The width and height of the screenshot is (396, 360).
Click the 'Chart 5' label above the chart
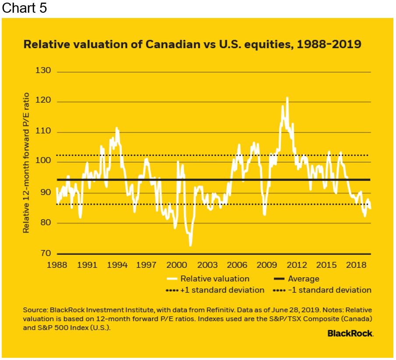pyautogui.click(x=24, y=9)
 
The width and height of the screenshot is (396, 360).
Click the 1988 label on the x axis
pyautogui.click(x=57, y=265)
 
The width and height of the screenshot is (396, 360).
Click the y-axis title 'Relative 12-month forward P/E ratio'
pyautogui.click(x=27, y=162)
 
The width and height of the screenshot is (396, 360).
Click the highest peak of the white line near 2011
pyautogui.click(x=287, y=98)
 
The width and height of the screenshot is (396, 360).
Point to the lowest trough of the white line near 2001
pyautogui.click(x=190, y=246)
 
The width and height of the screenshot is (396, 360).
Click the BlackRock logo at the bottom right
pyautogui.click(x=350, y=333)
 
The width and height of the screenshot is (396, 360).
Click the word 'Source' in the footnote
pyautogui.click(x=34, y=310)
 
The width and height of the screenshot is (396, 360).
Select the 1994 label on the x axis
pyautogui.click(x=117, y=265)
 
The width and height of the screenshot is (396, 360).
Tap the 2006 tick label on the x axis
pyautogui.click(x=237, y=265)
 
